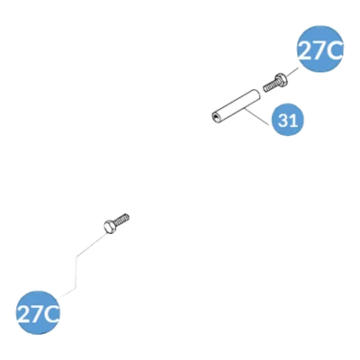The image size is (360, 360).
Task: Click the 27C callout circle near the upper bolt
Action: coord(320,49)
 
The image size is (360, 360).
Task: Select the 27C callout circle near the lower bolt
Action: coord(38,312)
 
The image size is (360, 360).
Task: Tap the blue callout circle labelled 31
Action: coord(287,120)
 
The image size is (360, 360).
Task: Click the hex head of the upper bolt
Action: coord(281,79)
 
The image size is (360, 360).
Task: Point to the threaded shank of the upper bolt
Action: coord(270,85)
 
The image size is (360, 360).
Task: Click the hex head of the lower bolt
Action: coord(110,226)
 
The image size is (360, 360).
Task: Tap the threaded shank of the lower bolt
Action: coord(121,219)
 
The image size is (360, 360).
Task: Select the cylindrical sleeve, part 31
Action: coord(236,105)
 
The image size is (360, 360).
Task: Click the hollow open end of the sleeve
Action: coord(215,117)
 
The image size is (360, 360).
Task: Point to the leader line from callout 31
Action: coord(256,117)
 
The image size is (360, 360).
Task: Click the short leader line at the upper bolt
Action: coord(292,72)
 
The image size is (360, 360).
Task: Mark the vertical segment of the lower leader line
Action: coord(76,272)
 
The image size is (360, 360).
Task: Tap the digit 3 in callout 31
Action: coord(283,120)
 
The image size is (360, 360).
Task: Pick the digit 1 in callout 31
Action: coord(293,120)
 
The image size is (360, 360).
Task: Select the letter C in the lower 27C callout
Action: coord(50,313)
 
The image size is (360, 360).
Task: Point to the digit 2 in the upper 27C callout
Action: coord(305,50)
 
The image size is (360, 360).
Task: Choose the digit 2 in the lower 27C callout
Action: coord(23,313)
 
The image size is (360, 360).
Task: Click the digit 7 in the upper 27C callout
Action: coord(319,50)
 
